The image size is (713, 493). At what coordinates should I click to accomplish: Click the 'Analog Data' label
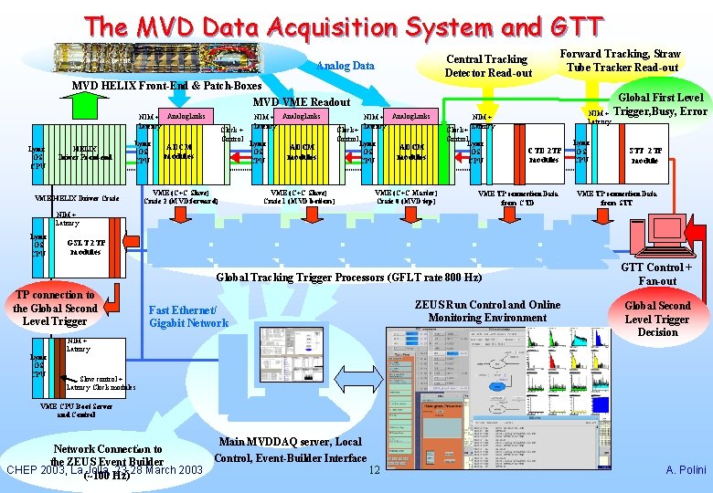pos(345,66)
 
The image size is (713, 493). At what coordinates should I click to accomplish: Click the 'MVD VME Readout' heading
pos(301,102)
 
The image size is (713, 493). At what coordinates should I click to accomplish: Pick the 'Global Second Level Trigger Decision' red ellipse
pos(657,319)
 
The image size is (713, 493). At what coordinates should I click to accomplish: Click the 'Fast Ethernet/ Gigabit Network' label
pos(188,316)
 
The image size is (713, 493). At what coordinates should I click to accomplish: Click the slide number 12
pos(373,470)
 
